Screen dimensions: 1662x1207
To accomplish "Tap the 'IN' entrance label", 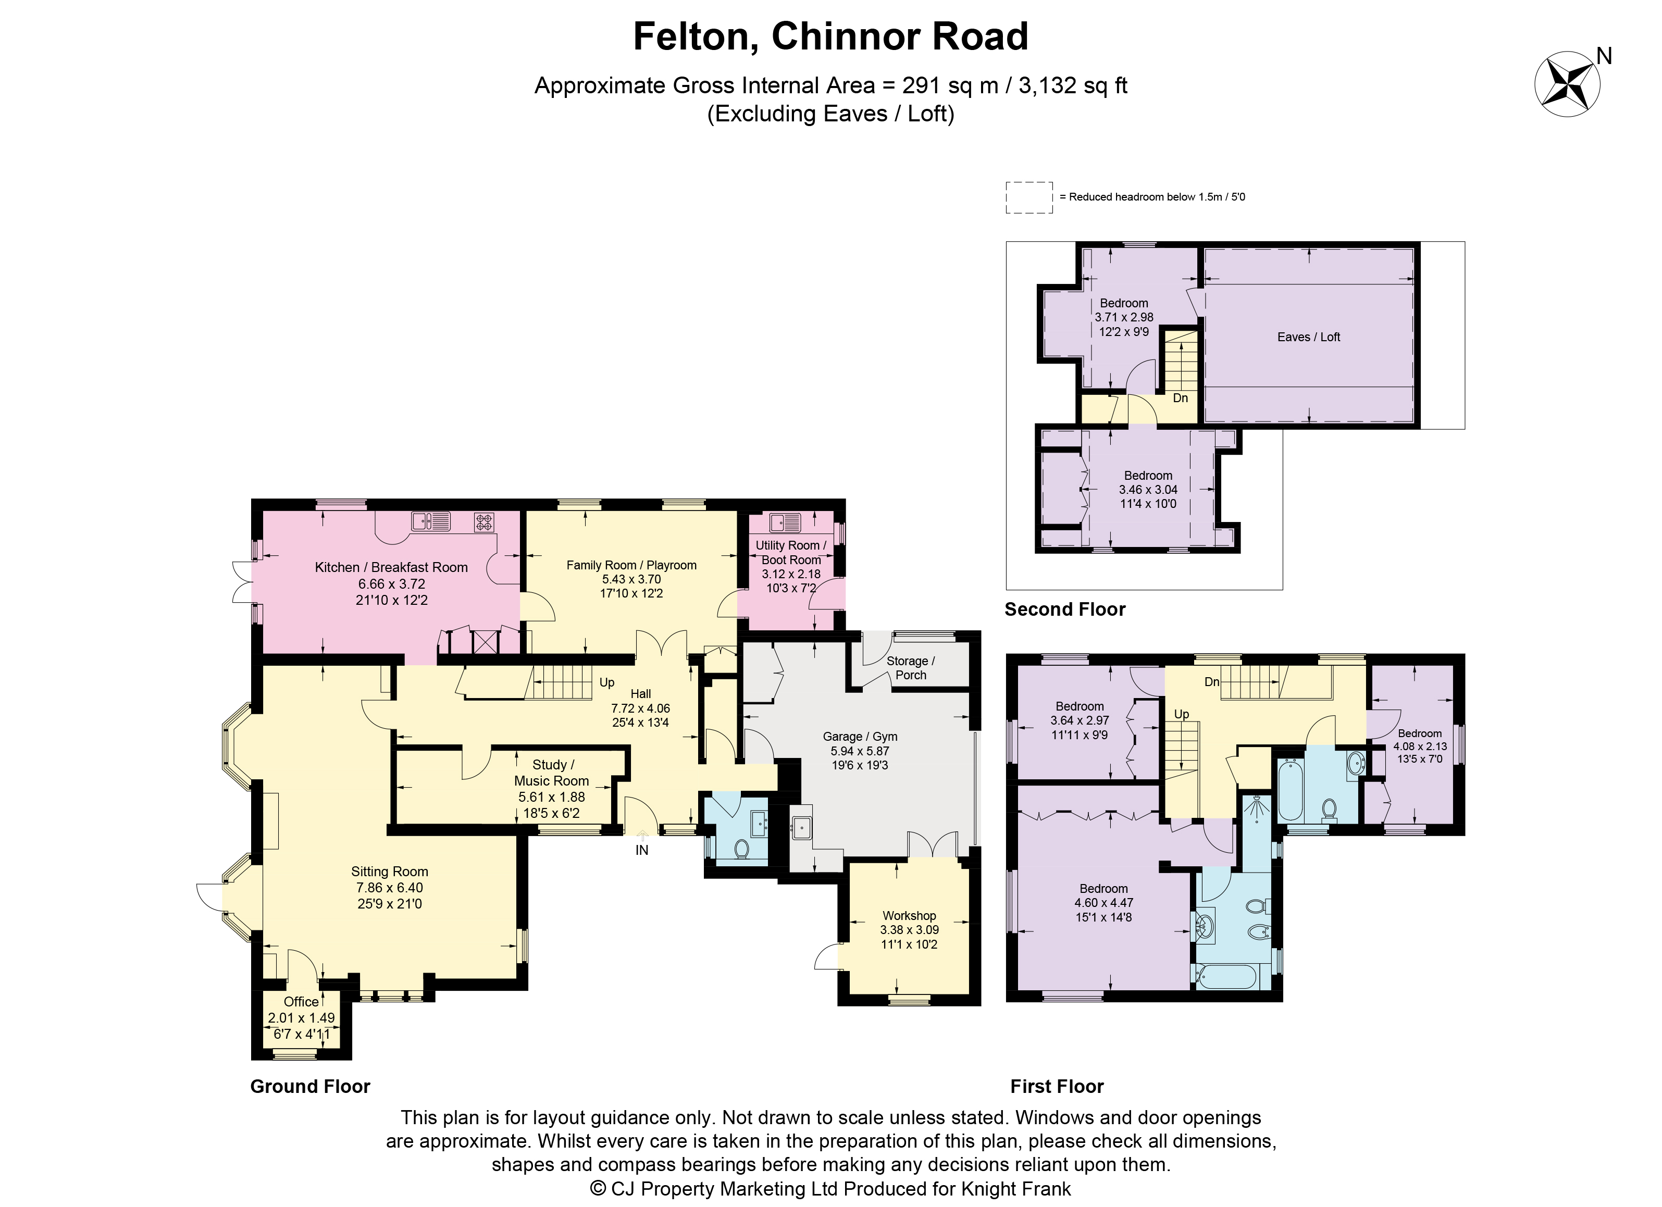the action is (642, 850).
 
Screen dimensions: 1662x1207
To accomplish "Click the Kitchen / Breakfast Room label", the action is (391, 567).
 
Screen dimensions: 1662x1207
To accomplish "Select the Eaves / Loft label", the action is (1309, 337).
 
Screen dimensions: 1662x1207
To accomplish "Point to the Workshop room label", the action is (909, 915).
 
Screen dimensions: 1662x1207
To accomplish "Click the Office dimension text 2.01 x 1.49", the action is (301, 1018).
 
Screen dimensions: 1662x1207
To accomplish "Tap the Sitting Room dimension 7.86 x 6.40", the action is (390, 888).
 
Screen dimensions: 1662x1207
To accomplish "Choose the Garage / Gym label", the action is (860, 737).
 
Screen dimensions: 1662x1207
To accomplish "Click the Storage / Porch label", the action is (911, 668).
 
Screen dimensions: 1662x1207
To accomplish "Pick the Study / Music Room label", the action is (551, 773).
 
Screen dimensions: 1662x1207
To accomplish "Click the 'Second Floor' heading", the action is (1065, 609).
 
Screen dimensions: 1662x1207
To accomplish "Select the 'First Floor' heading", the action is (1057, 1086).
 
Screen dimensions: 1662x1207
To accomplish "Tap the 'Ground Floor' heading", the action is (310, 1086).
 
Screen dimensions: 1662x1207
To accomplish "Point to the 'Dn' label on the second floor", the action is (1181, 398).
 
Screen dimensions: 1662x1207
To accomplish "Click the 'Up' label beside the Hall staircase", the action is (607, 682).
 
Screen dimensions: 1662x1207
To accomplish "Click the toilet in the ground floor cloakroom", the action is (741, 848).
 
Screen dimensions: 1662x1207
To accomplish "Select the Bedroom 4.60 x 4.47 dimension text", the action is (1103, 903).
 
